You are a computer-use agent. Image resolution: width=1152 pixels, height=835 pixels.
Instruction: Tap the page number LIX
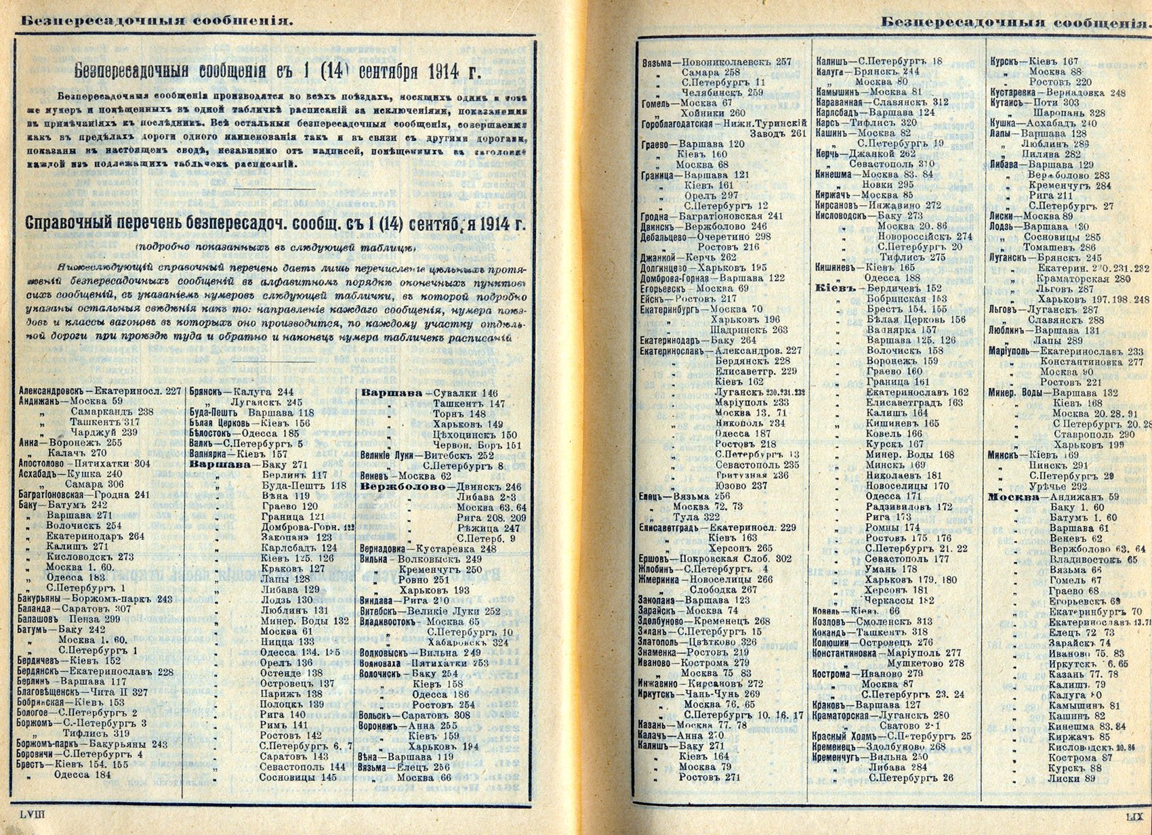[x=1133, y=817]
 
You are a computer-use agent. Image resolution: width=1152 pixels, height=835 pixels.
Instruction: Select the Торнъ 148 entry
[x=459, y=413]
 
